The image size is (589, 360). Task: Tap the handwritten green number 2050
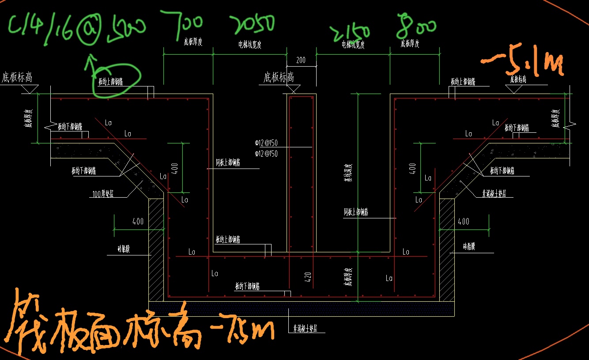pos(253,24)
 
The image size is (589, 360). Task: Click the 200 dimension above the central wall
pos(301,60)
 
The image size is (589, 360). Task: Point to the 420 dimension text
pos(308,277)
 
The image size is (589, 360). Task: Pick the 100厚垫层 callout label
pos(102,193)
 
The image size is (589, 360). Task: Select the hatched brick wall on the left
pos(156,249)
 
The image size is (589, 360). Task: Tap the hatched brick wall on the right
pos(446,249)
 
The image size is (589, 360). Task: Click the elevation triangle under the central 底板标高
pos(292,90)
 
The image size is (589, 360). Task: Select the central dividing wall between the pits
pos(302,172)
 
